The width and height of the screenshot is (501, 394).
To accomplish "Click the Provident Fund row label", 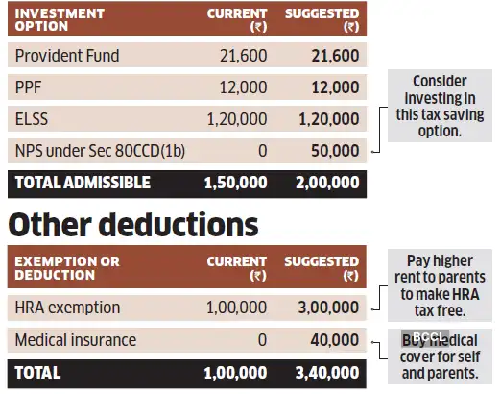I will [67, 56].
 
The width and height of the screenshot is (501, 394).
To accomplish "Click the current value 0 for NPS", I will [262, 151].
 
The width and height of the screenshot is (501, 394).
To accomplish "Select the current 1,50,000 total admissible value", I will [236, 182].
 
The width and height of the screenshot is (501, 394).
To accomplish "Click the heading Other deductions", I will [133, 224].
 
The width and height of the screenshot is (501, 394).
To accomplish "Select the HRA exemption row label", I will [67, 308].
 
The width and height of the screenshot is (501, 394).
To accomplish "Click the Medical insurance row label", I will [76, 339].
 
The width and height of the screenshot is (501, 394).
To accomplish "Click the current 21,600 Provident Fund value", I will [245, 56].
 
